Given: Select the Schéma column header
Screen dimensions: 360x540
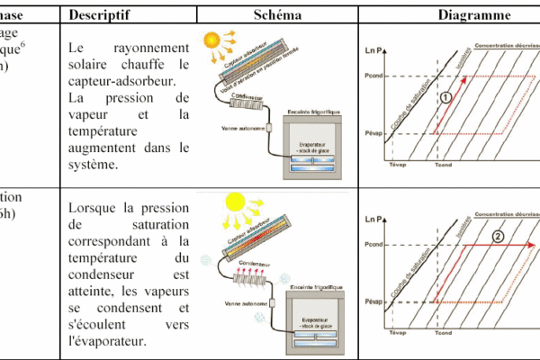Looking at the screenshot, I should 277,16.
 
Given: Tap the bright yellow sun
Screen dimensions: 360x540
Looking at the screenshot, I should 239,203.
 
